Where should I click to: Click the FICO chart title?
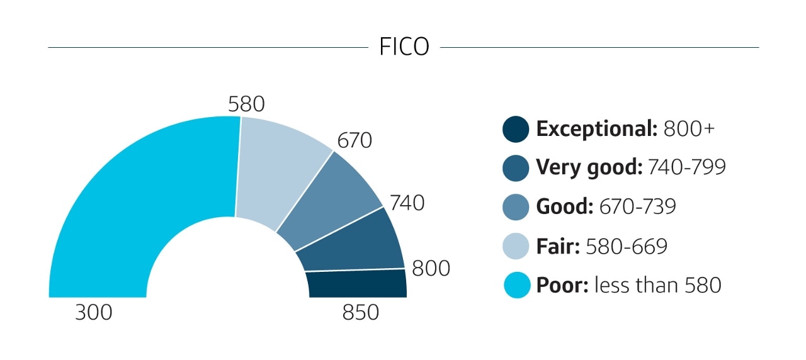click(404, 47)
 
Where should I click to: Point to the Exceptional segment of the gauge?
click(356, 284)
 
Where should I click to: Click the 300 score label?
click(94, 313)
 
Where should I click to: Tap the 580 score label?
click(246, 104)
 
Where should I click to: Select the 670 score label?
click(355, 141)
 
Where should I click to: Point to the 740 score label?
click(407, 203)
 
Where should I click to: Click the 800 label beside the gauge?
click(431, 269)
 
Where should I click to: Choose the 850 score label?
click(361, 313)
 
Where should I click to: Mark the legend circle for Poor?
click(516, 285)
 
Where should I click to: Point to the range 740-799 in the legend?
click(687, 168)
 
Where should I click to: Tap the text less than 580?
click(658, 285)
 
